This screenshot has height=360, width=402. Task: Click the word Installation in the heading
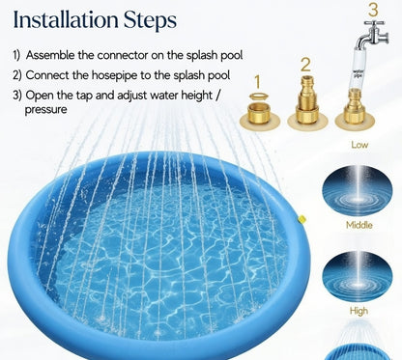coord(66,19)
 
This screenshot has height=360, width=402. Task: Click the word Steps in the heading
coord(151,21)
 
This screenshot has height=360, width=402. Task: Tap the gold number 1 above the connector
coord(257,82)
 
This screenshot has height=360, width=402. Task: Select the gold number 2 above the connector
coord(305,65)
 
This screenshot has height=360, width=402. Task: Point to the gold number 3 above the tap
coord(373,10)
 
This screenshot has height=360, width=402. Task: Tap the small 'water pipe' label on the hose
coord(358,73)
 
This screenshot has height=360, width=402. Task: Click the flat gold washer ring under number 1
coord(259,96)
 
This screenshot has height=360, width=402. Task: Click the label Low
coord(359,145)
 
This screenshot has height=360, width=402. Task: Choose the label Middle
coord(359,225)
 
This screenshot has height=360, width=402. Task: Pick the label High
coord(359,311)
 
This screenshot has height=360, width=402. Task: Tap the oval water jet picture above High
coord(358,275)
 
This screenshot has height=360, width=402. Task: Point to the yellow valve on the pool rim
coord(301,220)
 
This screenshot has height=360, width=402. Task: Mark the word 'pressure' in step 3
coord(45,110)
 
